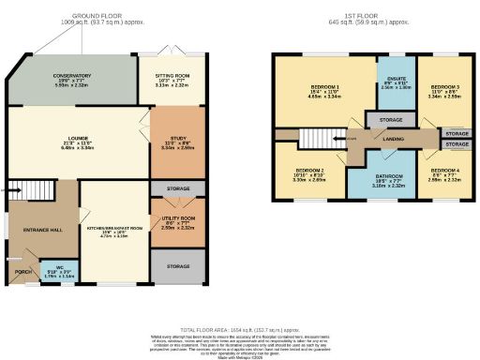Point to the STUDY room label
pos(176,140)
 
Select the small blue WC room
pos(59,273)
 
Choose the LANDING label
pos(381,138)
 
